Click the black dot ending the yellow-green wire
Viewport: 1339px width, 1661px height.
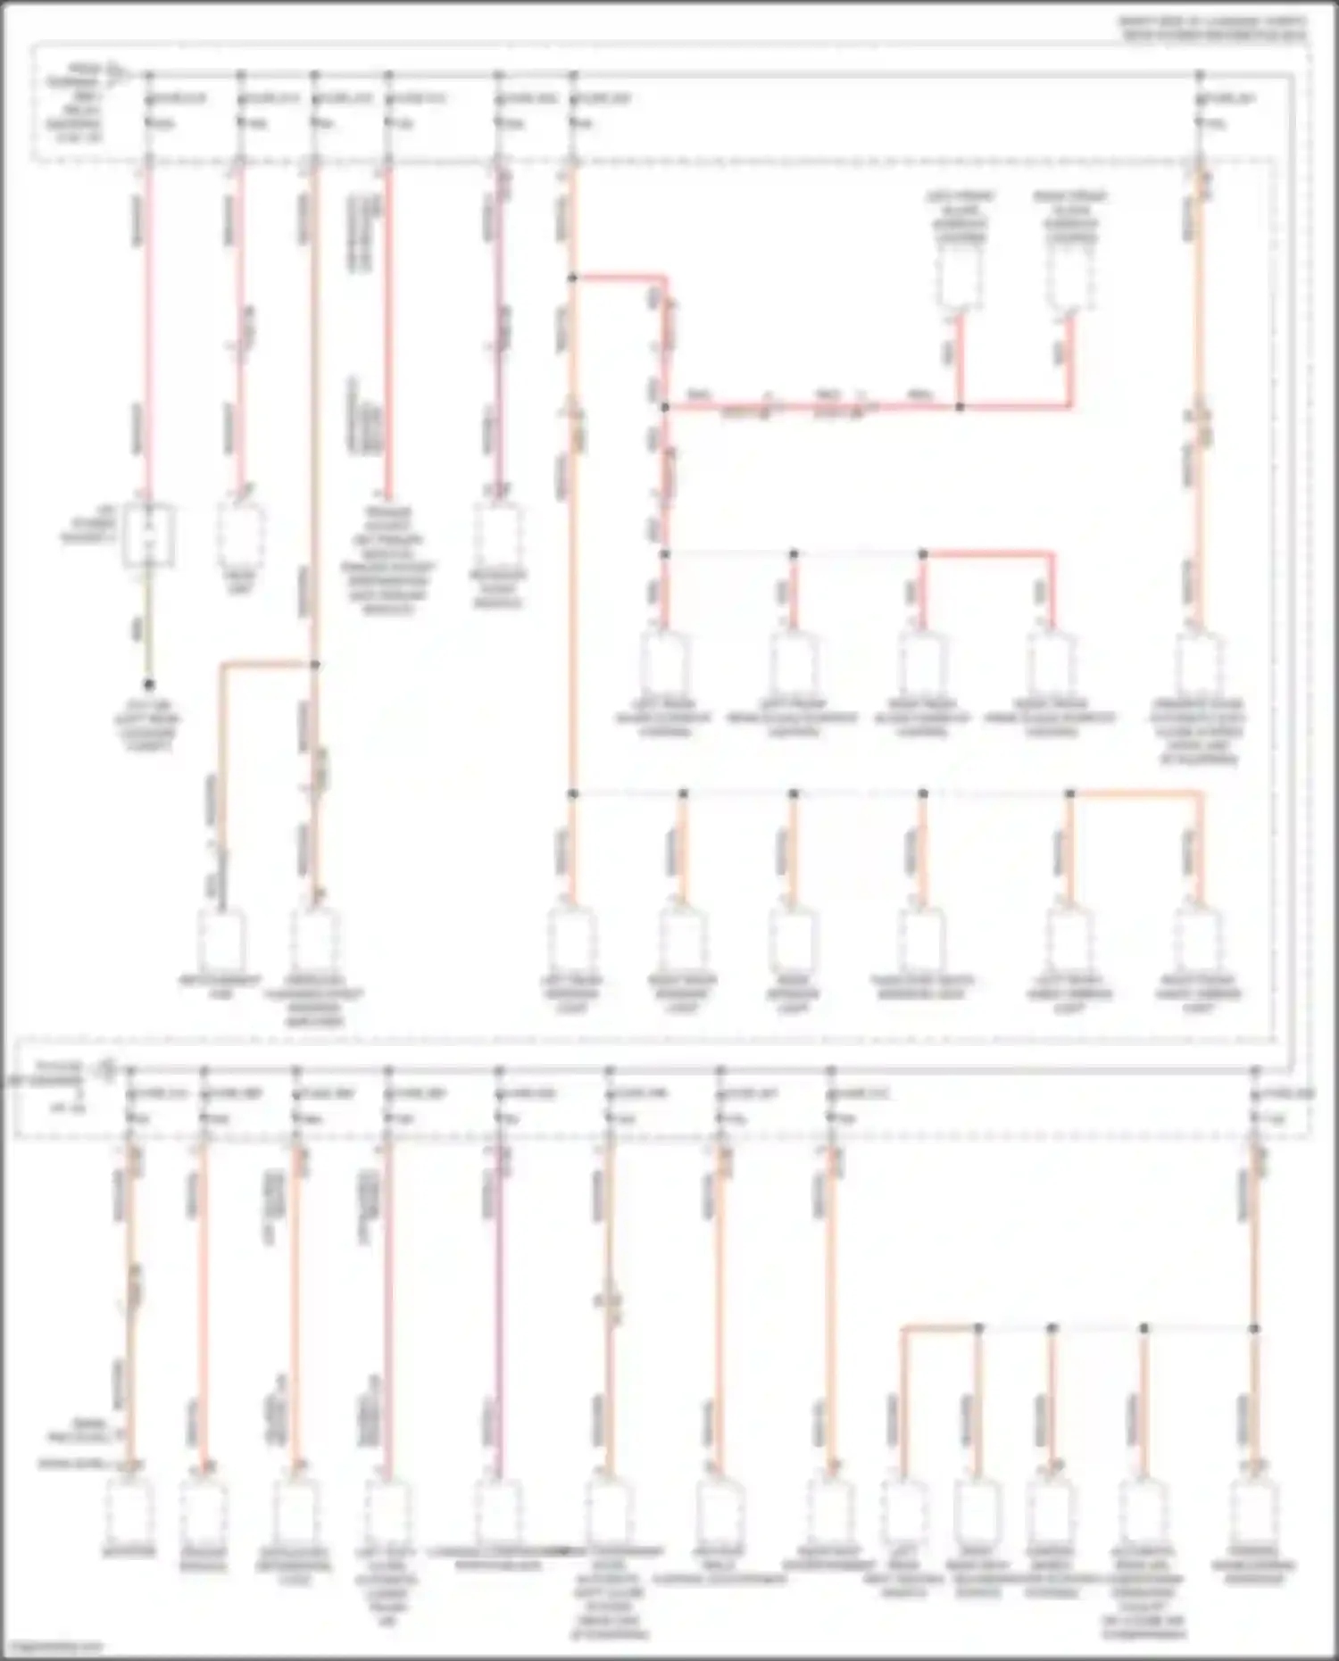tap(149, 685)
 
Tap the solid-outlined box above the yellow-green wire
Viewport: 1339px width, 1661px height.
tap(149, 536)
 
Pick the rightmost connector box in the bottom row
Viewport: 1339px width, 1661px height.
tap(1254, 1508)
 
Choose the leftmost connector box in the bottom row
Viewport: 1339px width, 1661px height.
tap(130, 1508)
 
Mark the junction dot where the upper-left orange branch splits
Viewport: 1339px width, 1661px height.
tap(314, 664)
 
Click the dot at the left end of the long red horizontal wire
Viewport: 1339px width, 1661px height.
tap(665, 407)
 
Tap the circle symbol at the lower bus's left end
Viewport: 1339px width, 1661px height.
tap(108, 1066)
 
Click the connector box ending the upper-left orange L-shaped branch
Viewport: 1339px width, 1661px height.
tap(220, 942)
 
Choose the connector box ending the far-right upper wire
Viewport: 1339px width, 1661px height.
tap(1199, 665)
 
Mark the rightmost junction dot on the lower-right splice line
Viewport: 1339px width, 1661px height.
tap(1254, 1328)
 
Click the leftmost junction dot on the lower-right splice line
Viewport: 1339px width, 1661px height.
tap(978, 1328)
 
